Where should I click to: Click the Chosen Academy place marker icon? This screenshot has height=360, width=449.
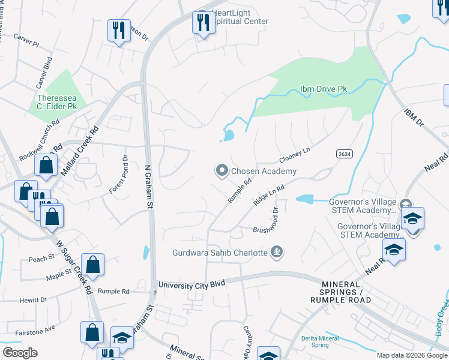(222, 172)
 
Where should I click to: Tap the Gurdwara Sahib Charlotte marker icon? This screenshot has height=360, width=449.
(277, 252)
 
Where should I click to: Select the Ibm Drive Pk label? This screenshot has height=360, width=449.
(324, 89)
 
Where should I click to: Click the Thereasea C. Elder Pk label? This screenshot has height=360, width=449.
(58, 102)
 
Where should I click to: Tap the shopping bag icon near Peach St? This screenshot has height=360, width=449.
(93, 264)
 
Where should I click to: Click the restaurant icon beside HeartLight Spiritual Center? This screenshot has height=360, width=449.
(203, 23)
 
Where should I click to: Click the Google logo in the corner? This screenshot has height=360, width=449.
(20, 353)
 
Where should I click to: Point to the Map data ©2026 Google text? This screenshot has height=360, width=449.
(411, 355)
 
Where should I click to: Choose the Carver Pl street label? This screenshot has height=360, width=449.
(27, 44)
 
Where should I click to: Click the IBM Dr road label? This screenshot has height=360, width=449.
(414, 118)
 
